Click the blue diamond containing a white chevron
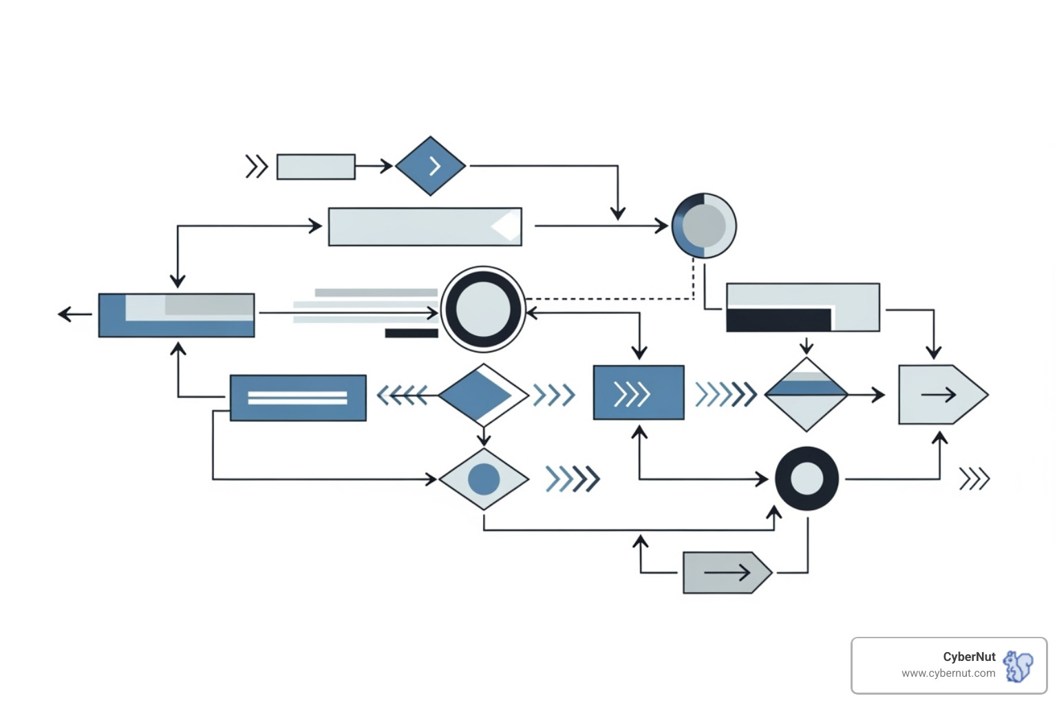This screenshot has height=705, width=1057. [431, 166]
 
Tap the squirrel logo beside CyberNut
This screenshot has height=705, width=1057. [1018, 666]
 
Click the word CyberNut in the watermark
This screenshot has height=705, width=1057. [969, 657]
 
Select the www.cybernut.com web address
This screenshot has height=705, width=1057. [948, 673]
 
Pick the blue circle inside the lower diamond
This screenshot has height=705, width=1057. [484, 479]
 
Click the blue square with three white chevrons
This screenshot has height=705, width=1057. [639, 393]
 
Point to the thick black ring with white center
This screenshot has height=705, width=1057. [807, 478]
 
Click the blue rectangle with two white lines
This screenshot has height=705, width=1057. [298, 398]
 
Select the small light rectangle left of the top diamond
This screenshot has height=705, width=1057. [316, 167]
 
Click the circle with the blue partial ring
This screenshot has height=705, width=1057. [704, 226]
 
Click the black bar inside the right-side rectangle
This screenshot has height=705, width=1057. [778, 320]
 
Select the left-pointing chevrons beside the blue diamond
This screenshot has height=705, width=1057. [402, 395]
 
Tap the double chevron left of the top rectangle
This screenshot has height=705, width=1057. [256, 167]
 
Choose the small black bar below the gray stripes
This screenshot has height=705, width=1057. [412, 333]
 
